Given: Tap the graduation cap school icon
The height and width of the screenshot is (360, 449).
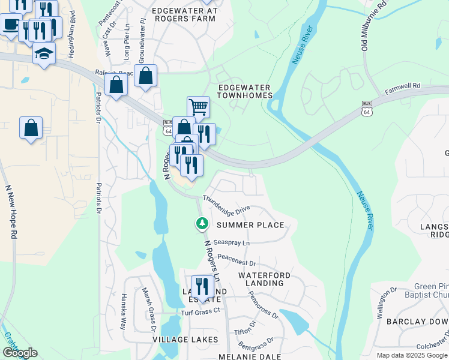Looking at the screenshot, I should pos(44,54).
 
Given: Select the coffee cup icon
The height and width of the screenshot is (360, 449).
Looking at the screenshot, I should pos(10,25).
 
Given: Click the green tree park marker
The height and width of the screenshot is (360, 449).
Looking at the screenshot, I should pos(202,224).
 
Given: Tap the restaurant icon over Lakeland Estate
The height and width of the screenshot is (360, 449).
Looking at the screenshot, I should pos(202,286).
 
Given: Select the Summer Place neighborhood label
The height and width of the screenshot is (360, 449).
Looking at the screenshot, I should pos(250,225).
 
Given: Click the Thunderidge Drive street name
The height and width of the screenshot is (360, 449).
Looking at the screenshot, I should pos(226,204).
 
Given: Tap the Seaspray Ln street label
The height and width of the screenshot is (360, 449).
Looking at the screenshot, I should pos(231,243).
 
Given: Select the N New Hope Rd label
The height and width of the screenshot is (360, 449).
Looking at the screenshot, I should pos(10,211).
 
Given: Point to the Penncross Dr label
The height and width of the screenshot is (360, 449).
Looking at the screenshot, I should pos(264,306).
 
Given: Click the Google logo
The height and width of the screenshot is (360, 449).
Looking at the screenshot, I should pos(19,353).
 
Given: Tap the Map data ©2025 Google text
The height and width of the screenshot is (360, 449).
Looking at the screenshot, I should pos(412,355).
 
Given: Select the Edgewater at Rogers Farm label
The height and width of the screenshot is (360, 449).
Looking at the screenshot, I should pos(183,14).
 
